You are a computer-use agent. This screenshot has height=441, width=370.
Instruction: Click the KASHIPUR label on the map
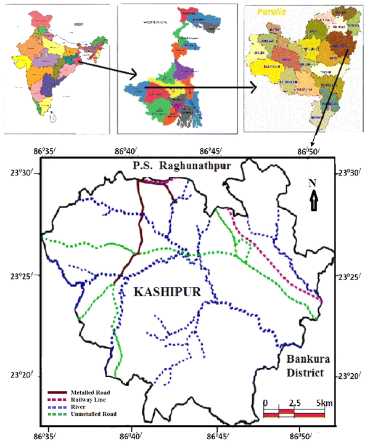pyautogui.click(x=167, y=293)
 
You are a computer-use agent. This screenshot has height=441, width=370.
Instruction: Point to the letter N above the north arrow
pyautogui.click(x=313, y=184)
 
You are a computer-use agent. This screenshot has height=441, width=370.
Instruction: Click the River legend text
pyautogui.click(x=80, y=407)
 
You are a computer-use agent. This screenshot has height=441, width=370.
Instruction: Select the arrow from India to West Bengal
pyautogui.click(x=105, y=68)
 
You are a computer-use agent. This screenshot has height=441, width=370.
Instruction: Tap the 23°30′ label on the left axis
pyautogui.click(x=28, y=173)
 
